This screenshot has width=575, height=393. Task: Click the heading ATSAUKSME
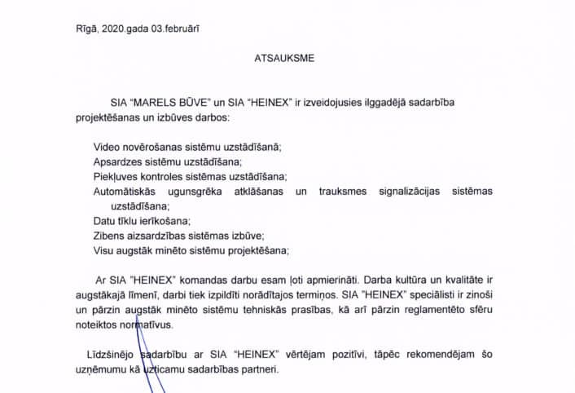click(x=284, y=59)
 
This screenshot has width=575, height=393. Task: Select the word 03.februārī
click(x=173, y=29)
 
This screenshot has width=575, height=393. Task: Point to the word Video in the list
click(x=107, y=147)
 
